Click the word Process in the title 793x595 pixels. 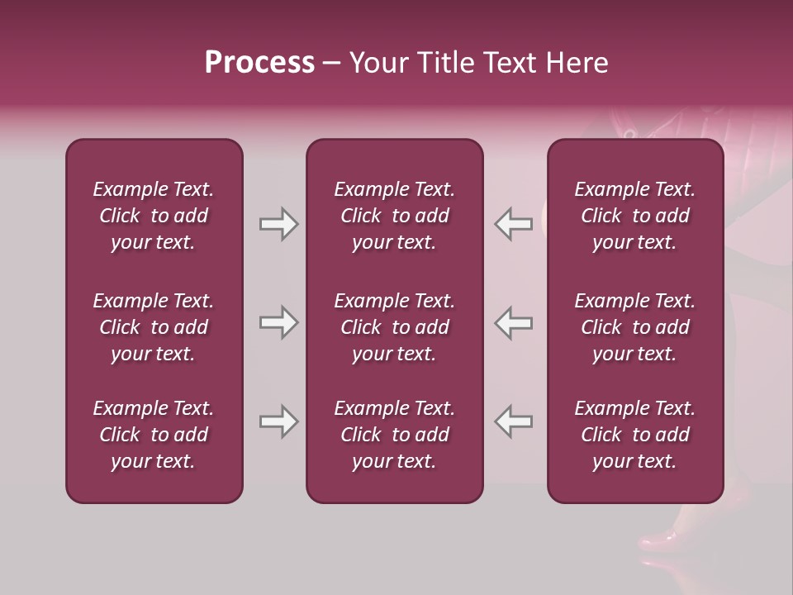259,63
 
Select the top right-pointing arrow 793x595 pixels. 278,224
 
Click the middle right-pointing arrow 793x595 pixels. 278,323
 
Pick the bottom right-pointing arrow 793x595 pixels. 278,422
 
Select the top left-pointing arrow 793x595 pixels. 514,224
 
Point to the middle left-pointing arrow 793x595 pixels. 514,323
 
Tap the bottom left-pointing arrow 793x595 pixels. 514,422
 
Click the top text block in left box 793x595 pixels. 154,216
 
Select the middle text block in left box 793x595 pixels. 154,327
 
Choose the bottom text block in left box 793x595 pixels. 154,435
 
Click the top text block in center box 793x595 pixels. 394,216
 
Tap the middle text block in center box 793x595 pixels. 394,327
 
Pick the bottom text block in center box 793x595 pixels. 394,435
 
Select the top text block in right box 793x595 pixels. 634,216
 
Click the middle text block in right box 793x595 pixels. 634,327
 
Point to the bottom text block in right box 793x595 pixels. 634,435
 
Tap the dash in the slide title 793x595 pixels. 331,64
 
